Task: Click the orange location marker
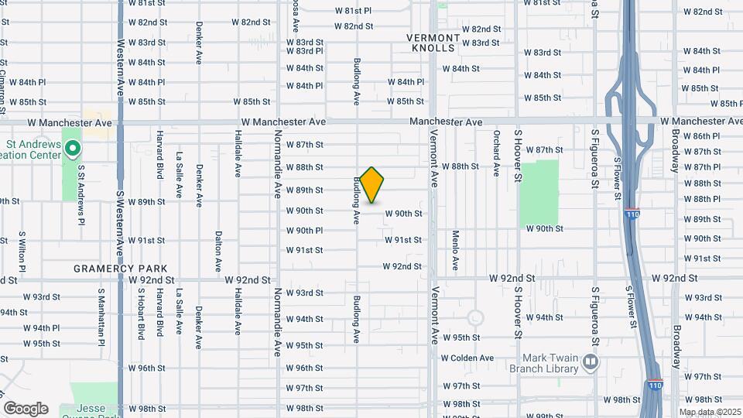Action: [371, 185]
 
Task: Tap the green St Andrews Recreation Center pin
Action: [72, 147]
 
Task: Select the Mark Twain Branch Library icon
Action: [591, 361]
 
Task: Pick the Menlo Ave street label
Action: [456, 251]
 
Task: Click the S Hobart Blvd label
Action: [141, 316]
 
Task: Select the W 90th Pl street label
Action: [304, 231]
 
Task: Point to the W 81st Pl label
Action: [353, 11]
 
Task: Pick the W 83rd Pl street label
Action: [304, 51]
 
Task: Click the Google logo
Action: [26, 408]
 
